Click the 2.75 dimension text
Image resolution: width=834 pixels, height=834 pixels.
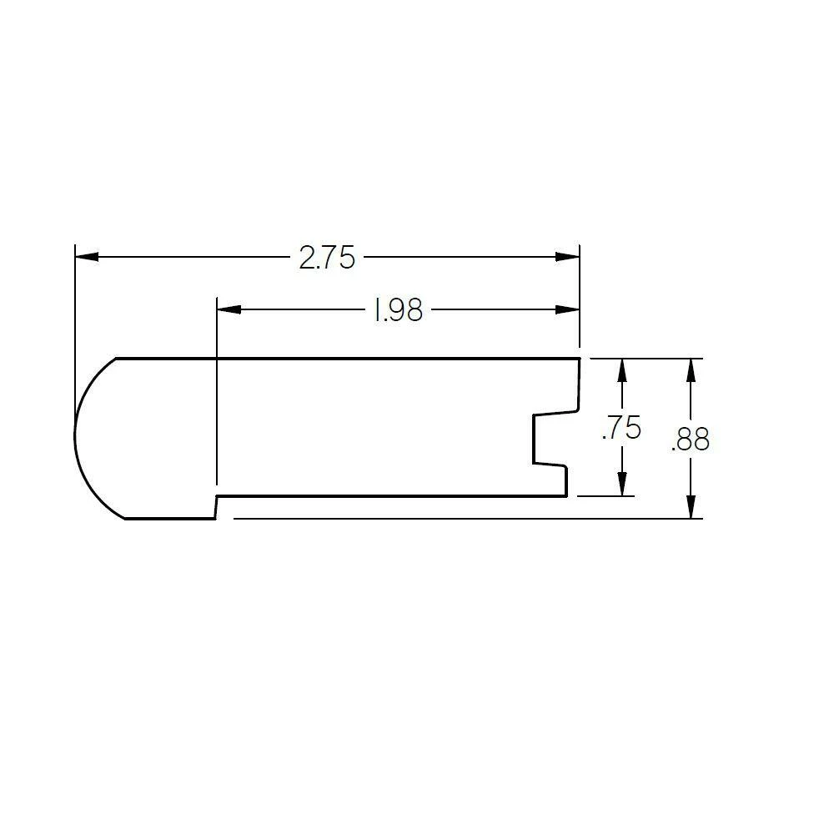[x=327, y=259]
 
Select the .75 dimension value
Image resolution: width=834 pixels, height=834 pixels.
[x=621, y=429]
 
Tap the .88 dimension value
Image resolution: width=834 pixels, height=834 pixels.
[x=690, y=440]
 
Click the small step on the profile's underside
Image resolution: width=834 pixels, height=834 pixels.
[x=216, y=507]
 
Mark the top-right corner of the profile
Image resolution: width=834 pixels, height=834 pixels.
[x=579, y=359]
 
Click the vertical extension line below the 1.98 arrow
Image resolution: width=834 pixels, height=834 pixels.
[x=216, y=400]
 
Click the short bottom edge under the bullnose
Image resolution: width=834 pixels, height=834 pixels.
[x=170, y=518]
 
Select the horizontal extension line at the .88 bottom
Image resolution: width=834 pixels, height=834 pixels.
[x=459, y=518]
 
